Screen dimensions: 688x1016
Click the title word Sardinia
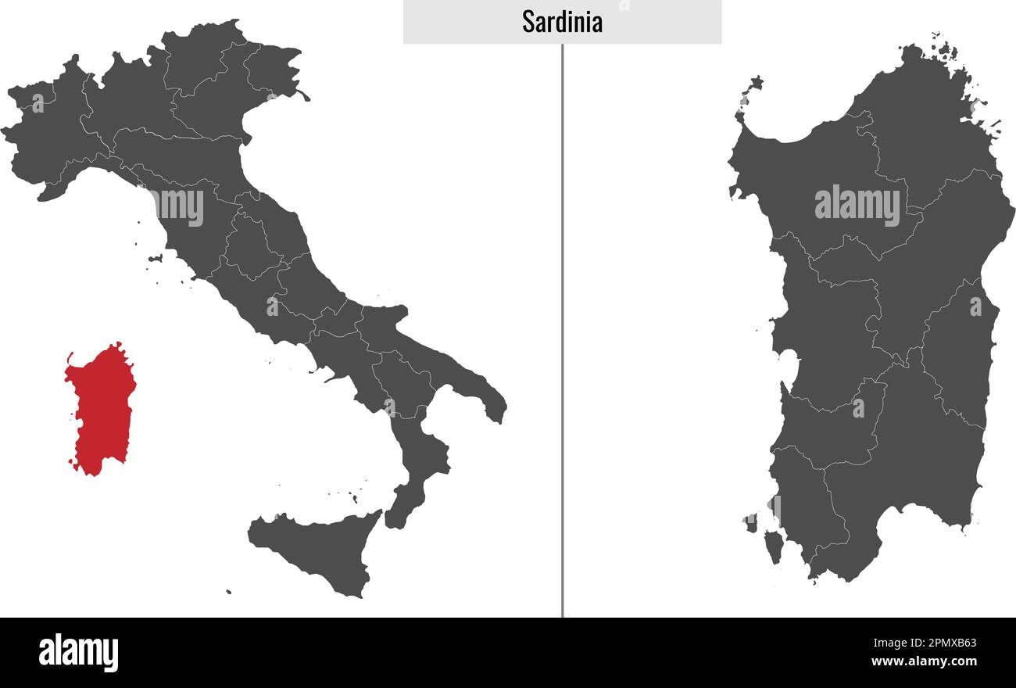click(562, 22)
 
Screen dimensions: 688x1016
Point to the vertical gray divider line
click(562, 328)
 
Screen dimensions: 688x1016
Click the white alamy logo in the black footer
click(78, 653)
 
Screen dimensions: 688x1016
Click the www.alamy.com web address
click(925, 661)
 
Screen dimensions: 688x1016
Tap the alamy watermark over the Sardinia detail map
click(857, 205)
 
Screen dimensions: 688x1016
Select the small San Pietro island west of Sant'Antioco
click(750, 521)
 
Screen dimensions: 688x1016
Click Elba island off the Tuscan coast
click(155, 258)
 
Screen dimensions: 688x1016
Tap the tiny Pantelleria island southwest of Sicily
click(228, 592)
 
